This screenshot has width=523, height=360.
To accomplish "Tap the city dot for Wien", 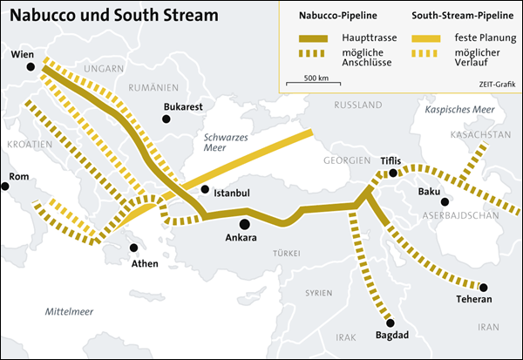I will tap(31, 67).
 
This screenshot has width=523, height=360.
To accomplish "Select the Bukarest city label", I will tap(183, 107).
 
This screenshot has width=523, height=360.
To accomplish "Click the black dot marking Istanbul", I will tap(205, 189).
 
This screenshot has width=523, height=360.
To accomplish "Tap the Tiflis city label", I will tap(391, 160).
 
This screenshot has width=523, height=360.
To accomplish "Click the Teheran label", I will tap(474, 300).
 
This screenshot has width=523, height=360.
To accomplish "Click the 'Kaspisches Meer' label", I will tap(458, 110).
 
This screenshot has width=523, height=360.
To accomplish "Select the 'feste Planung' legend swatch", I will tap(426, 39).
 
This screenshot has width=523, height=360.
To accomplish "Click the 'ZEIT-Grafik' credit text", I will tap(496, 83).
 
